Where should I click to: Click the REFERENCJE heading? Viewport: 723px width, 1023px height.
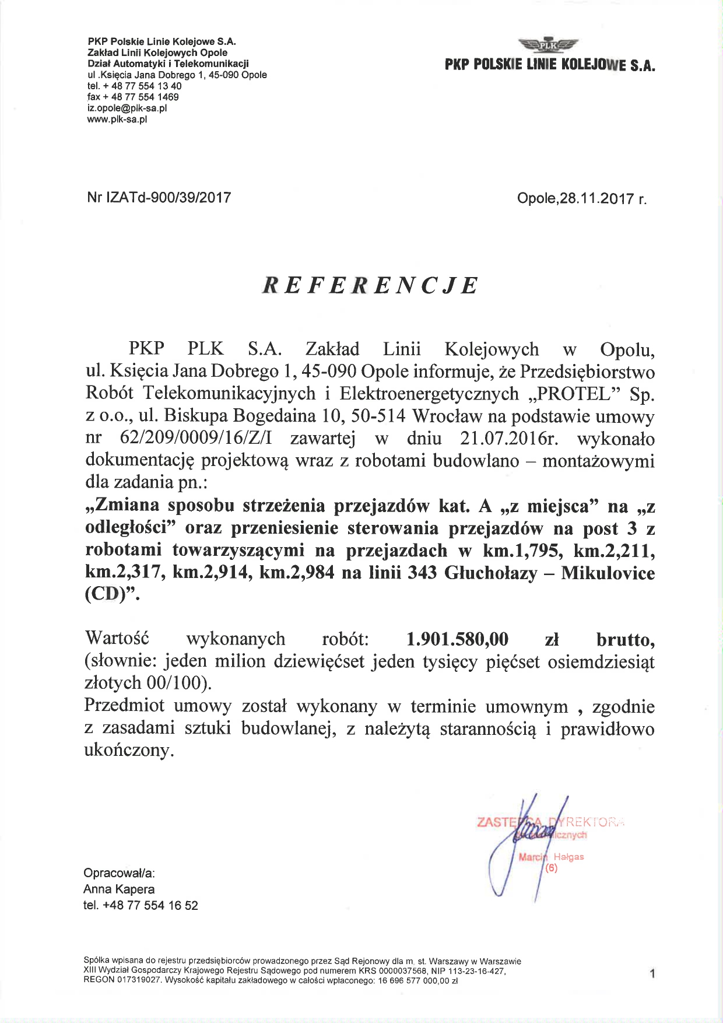coord(370,285)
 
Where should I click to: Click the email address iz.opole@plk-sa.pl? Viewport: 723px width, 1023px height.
coord(127,108)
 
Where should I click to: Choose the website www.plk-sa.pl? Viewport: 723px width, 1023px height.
coord(117,120)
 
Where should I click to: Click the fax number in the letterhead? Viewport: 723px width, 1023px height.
coord(133,97)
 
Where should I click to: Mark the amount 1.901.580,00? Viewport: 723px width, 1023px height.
coord(457,639)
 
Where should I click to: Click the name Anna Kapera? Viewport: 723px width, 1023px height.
coord(119,889)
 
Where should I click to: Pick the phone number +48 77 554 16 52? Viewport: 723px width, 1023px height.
coord(150,906)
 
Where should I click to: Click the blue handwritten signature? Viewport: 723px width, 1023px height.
coord(528,840)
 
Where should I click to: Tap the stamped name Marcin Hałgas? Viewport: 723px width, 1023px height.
coord(551,857)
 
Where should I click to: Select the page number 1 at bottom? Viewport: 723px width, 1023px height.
coord(652,973)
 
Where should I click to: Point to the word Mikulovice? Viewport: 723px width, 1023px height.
coord(608,573)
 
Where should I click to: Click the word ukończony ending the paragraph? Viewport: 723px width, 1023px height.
coord(129,751)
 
